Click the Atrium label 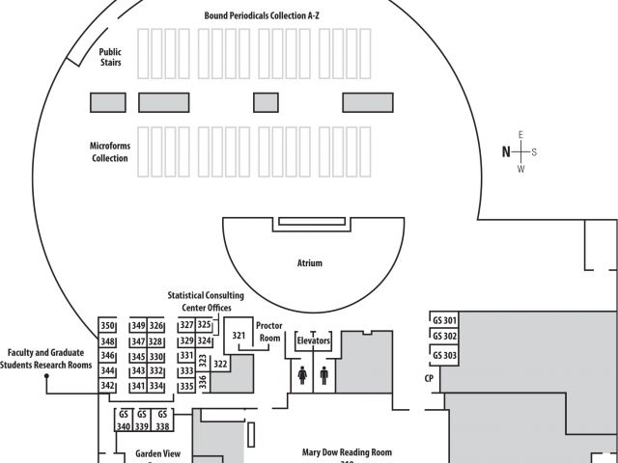pos(309,262)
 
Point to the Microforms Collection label pos(110,151)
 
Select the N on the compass pos(505,151)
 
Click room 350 pos(108,326)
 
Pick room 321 pos(239,336)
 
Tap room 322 pos(220,365)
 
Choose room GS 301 pos(445,320)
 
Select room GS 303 pos(445,356)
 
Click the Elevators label pos(313,341)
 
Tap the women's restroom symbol pos(302,374)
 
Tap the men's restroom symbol pos(323,374)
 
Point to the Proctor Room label pos(269,333)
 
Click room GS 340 pos(124,420)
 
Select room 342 pos(108,386)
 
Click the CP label pos(429,379)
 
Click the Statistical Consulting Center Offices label pos(206,301)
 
